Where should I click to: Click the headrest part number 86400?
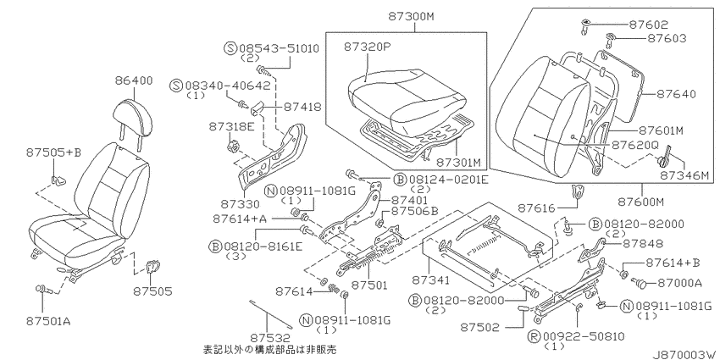[133, 80]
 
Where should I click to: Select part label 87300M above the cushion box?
[411, 17]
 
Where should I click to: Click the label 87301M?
[458, 163]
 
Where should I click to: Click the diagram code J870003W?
[685, 354]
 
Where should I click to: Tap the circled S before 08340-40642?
[175, 86]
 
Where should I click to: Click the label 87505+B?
[53, 152]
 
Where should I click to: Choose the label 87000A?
[679, 283]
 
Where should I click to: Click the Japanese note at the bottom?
[270, 350]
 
